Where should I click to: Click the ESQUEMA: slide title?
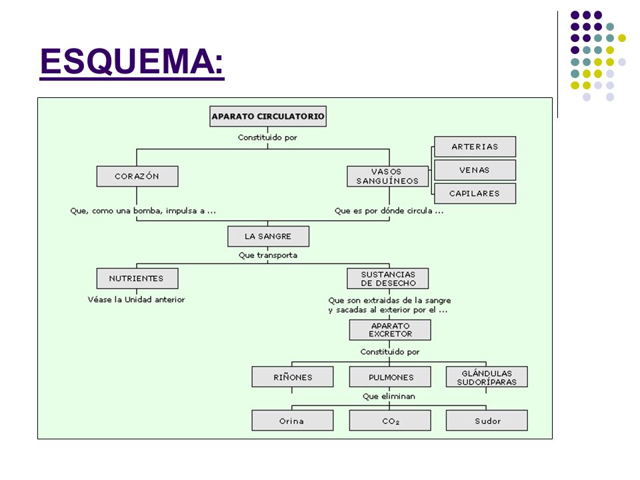coord(132,62)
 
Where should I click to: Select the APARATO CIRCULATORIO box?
coord(268,116)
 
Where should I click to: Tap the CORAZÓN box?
coord(137,176)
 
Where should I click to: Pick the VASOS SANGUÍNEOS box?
coord(388,176)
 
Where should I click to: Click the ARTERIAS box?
coord(475,147)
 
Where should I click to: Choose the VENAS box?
coord(475,170)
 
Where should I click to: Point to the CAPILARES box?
coord(475,193)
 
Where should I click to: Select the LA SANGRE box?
coord(268,236)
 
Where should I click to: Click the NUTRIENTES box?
coord(137,279)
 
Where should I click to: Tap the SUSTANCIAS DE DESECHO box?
coord(388,279)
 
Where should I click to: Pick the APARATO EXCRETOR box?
coord(390,330)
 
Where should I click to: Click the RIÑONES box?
coord(293,377)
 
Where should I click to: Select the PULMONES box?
coord(390,377)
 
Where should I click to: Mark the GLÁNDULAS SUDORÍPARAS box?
coord(487,377)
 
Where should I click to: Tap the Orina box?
coord(293,421)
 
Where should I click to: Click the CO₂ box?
coord(390,421)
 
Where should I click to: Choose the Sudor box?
coord(487,421)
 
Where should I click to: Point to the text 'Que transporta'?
coord(268,255)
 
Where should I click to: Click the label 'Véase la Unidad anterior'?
coord(136,299)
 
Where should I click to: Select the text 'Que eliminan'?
coord(389,396)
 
